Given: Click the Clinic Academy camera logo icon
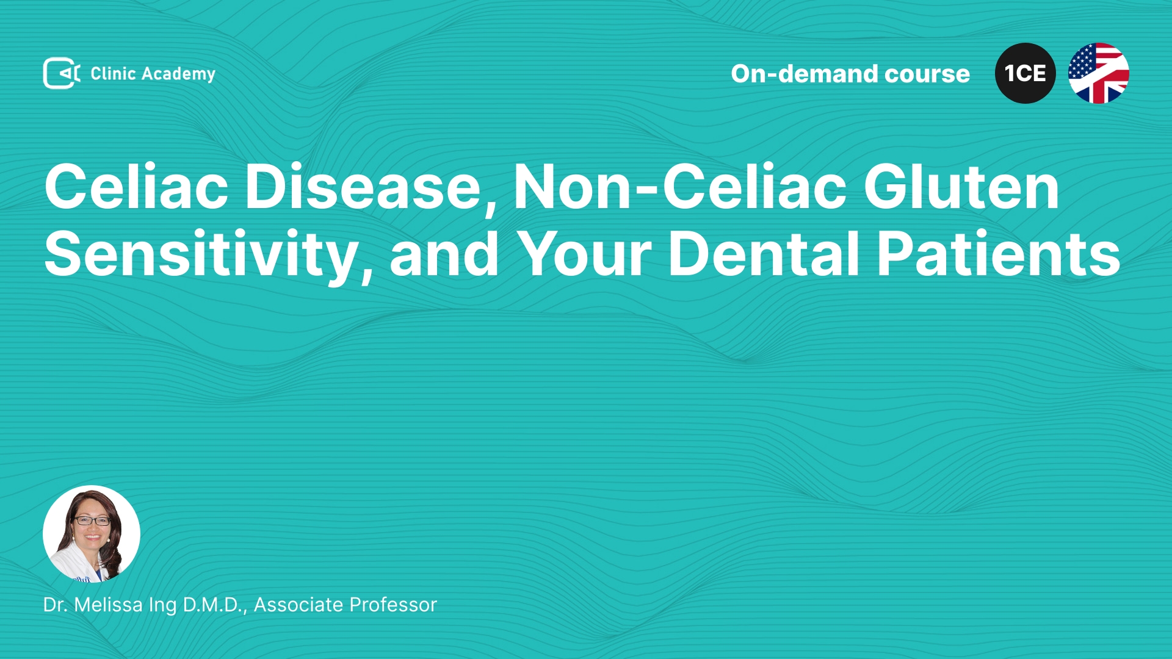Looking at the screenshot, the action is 62,73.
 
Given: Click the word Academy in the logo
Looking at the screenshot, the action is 178,74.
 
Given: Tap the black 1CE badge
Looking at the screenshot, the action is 1025,73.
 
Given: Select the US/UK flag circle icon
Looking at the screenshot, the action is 1098,73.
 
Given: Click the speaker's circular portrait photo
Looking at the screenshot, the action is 92,534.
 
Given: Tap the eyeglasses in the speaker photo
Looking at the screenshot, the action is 92,521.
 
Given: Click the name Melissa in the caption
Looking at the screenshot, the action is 108,605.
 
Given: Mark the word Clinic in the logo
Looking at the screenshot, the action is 113,74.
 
